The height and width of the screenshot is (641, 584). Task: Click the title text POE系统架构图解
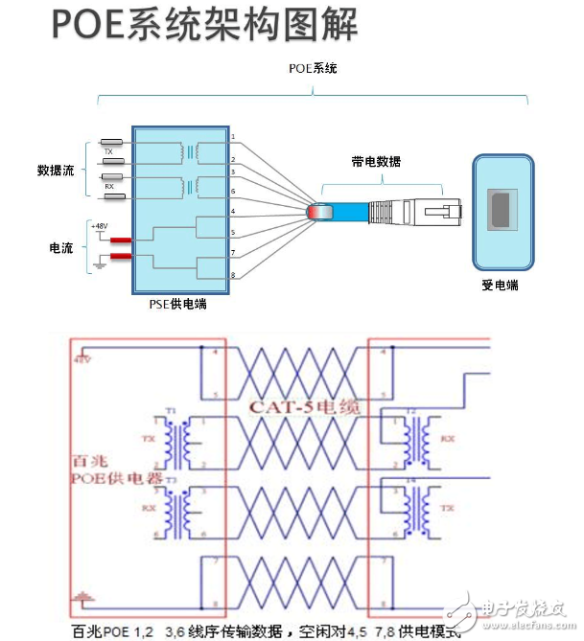[203, 26]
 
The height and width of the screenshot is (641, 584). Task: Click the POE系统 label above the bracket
[314, 69]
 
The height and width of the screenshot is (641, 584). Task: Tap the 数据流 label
[57, 170]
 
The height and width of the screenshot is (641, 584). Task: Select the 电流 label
[61, 247]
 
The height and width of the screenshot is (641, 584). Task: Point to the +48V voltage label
[99, 226]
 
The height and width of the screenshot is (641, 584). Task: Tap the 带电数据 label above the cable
[376, 162]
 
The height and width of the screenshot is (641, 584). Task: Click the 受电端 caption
[500, 285]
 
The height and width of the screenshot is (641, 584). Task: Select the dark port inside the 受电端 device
[501, 210]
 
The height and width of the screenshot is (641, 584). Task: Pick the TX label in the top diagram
[108, 151]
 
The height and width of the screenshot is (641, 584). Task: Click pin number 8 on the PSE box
[232, 276]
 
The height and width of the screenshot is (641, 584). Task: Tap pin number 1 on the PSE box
[232, 139]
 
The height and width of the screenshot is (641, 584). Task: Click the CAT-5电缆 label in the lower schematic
[305, 407]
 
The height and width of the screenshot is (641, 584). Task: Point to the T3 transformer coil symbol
[176, 505]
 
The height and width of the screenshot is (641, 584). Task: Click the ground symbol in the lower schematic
[82, 597]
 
